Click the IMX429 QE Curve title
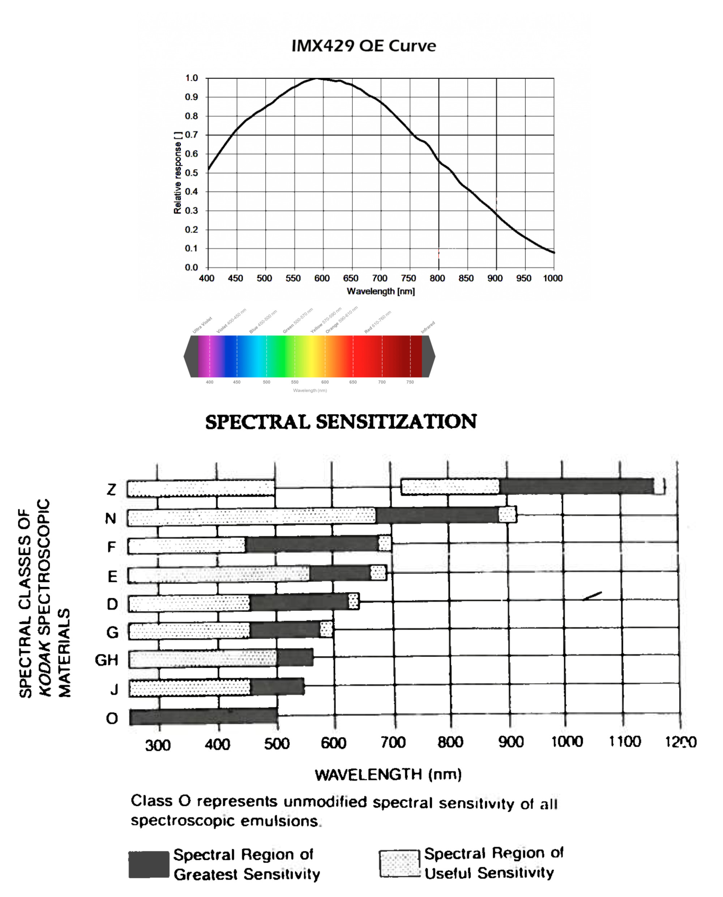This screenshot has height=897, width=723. [x=364, y=46]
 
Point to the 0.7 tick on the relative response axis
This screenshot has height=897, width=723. [x=191, y=135]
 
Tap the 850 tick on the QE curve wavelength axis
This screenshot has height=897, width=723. [x=466, y=278]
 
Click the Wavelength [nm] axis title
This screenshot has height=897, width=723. [x=381, y=291]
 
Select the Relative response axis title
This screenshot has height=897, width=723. [x=178, y=173]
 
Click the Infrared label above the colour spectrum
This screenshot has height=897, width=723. [x=428, y=327]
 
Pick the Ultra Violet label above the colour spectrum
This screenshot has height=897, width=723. [x=202, y=325]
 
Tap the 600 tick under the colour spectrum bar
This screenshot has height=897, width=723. [x=325, y=382]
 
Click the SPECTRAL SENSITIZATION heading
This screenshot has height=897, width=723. [x=341, y=422]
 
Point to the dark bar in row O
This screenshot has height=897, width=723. [x=203, y=717]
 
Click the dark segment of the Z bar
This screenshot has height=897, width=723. [x=576, y=486]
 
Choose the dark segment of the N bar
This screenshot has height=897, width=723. [x=437, y=515]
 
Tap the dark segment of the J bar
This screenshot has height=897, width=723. [x=277, y=687]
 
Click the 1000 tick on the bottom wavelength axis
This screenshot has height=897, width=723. [x=567, y=741]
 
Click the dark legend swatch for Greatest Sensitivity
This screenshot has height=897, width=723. [x=149, y=864]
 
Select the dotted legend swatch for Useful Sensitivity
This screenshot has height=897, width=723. [x=399, y=863]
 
